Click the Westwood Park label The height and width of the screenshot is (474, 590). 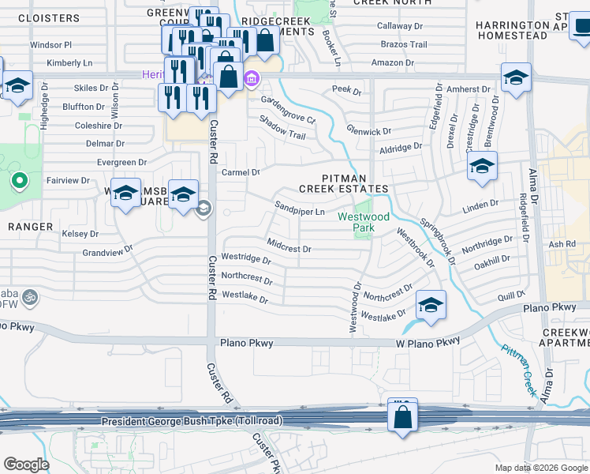coord(364,221)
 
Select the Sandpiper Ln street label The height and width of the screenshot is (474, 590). coord(300,212)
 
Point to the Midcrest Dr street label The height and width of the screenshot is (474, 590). coord(289,248)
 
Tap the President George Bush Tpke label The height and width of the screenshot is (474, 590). coord(192,422)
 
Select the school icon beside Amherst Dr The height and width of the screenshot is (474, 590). coord(516,78)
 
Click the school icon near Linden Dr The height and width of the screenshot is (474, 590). coord(482,167)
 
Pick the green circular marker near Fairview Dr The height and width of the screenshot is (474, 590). coord(19,182)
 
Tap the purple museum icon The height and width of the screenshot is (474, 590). coord(252,77)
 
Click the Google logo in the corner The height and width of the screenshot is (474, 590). coord(26,465)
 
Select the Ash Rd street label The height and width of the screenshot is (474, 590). coord(562,244)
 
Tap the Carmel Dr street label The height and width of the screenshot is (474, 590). coord(241,172)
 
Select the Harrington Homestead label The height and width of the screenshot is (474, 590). coord(511,31)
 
